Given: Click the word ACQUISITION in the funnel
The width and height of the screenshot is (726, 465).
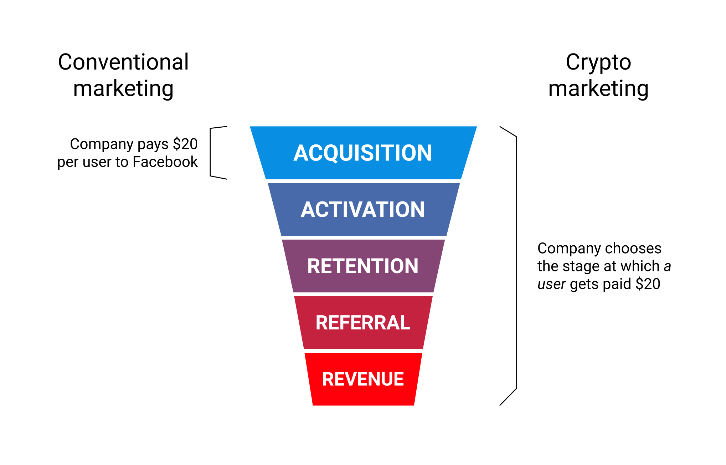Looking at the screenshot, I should tap(363, 153).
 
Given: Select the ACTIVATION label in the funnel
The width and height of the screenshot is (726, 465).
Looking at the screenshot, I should tap(363, 209).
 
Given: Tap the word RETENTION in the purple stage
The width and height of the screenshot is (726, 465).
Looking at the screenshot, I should tap(363, 266).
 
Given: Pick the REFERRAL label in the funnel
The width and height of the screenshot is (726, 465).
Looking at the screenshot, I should tap(363, 323).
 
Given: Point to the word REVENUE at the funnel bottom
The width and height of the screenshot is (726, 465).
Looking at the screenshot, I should tap(363, 379).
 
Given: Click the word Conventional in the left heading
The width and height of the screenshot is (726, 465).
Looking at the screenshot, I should tap(123, 62).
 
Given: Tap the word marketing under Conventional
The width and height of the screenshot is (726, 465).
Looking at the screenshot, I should tap(123, 89).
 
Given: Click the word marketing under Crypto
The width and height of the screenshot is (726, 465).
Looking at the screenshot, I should tap(598, 89).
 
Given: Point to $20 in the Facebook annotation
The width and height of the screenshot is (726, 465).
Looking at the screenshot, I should tap(185, 144).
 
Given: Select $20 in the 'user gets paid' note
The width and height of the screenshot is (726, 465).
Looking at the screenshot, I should tap(648, 284).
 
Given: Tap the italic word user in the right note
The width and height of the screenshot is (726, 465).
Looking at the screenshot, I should tap(551, 284).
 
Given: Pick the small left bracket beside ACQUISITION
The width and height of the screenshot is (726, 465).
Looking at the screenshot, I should tap(211, 153).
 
